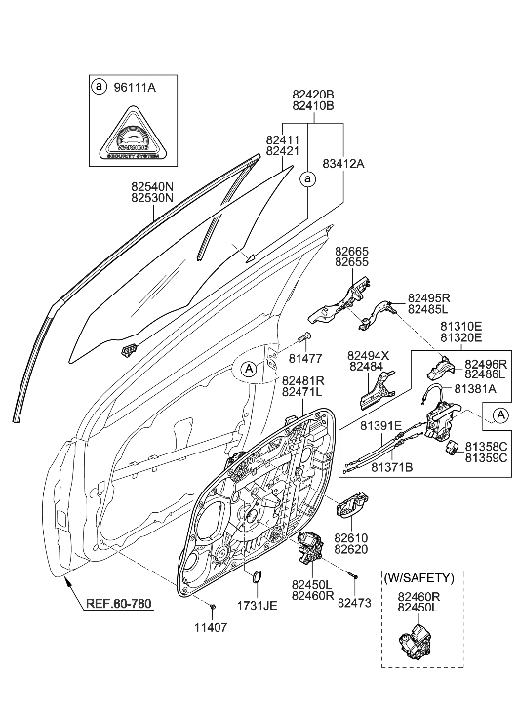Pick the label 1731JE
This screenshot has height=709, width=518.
pos(259,606)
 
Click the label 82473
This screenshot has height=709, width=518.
pos(355,604)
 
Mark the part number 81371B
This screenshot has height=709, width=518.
pos(391,467)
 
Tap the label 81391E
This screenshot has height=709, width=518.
pos(382,425)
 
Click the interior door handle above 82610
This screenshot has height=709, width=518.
pos(346,507)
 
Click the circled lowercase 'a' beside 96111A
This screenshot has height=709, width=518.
pos(99,87)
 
